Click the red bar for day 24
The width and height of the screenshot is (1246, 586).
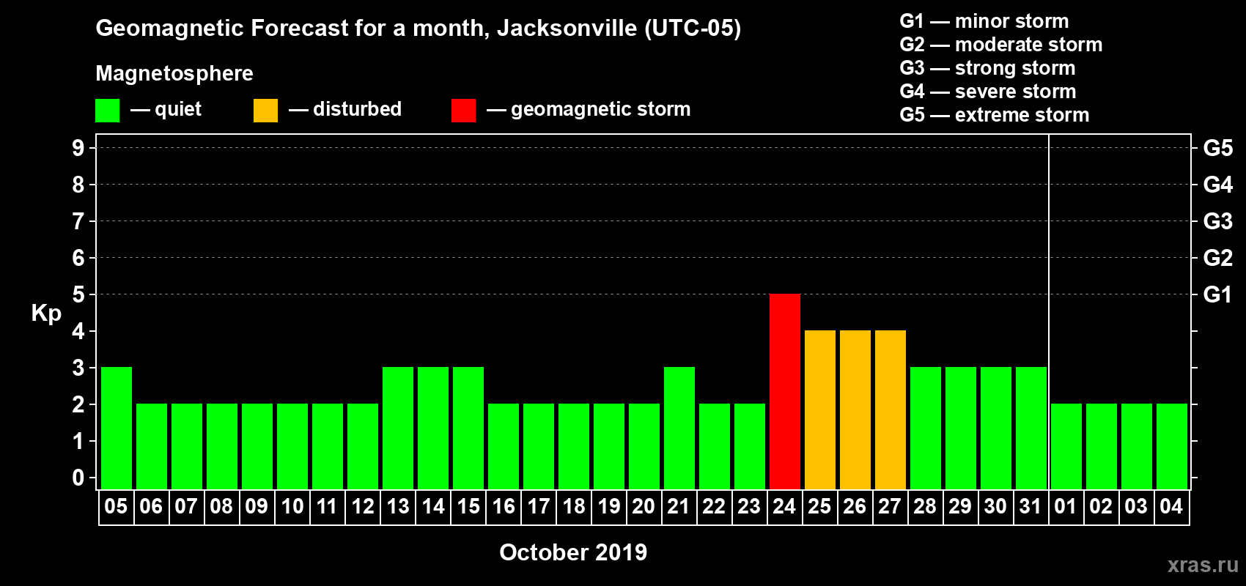784,391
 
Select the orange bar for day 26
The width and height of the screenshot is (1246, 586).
855,409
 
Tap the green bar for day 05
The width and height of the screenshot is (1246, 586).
116,428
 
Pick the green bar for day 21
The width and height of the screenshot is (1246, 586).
679,428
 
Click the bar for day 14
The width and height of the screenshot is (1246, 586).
432,428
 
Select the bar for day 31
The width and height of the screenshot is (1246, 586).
1031,428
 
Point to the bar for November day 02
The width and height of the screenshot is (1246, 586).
1101,446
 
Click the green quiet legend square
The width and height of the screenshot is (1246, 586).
107,111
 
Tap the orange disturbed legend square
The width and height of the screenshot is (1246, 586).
265,111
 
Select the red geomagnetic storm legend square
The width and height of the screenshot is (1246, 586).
463,111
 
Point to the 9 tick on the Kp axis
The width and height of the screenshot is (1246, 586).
78,148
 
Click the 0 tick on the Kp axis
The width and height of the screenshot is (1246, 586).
78,478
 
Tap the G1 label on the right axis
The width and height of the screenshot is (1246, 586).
1217,294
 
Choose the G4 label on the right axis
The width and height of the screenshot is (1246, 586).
1217,185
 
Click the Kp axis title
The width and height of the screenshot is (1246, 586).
46,314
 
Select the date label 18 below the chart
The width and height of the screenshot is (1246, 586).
573,506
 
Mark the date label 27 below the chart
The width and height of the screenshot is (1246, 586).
889,506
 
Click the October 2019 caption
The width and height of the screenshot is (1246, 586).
573,552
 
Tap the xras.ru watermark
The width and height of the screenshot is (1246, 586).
1203,565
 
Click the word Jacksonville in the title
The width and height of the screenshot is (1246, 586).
567,29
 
